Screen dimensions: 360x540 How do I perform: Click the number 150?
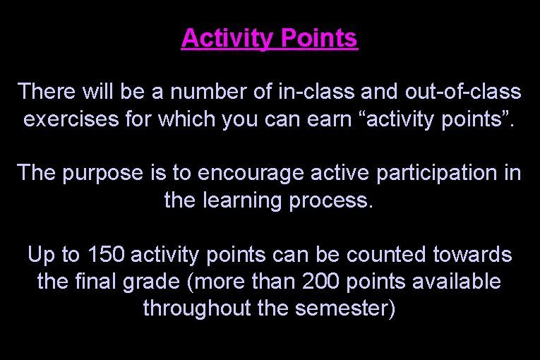pyautogui.click(x=104, y=253)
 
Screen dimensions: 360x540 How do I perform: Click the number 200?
pyautogui.click(x=322, y=281)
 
